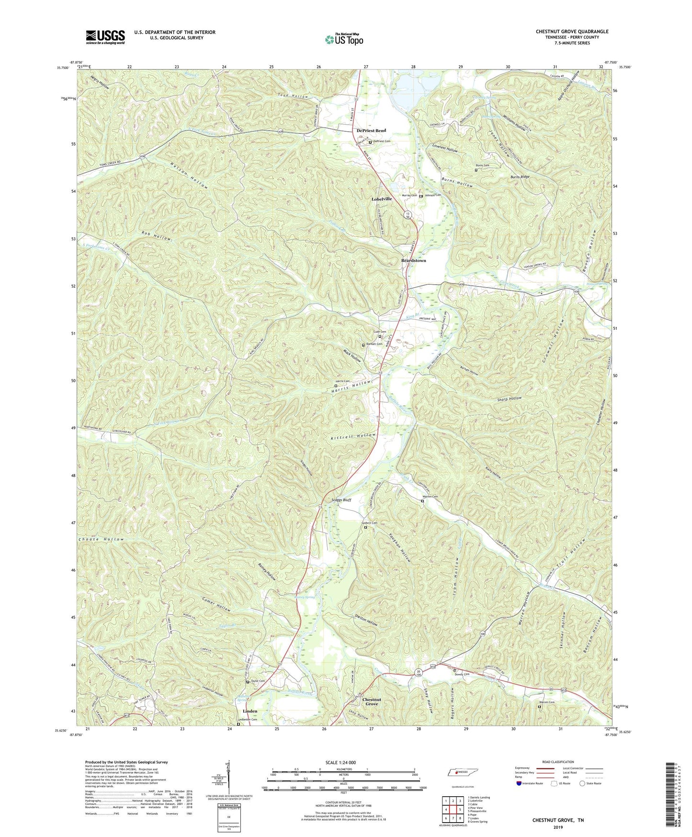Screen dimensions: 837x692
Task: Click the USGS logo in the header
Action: [105, 37]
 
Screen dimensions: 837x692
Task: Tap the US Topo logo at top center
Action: [344, 39]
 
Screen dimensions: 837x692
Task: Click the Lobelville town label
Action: [382, 199]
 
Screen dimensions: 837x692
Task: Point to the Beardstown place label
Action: [413, 261]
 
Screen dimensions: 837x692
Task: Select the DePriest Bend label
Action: [371, 131]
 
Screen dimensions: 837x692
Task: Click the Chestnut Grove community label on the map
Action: [372, 701]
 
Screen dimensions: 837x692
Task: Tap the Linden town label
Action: [250, 711]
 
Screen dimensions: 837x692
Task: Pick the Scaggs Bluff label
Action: [341, 500]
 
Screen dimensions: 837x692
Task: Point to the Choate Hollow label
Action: [102, 539]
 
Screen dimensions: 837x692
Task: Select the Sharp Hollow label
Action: [509, 399]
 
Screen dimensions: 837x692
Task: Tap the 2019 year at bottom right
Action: [558, 827]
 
